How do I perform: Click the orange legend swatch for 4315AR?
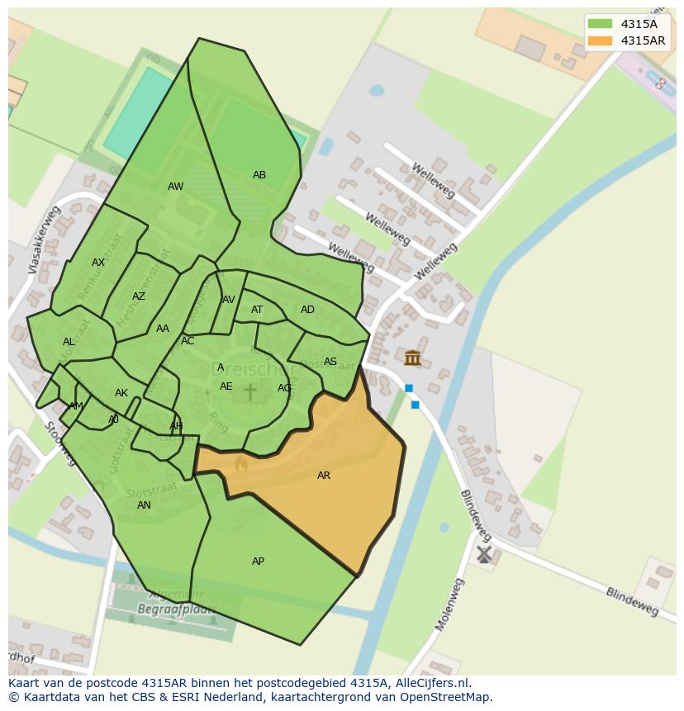(601, 40)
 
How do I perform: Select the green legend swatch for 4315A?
(601, 24)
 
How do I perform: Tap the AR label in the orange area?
(324, 476)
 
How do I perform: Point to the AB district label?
(259, 175)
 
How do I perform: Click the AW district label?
(176, 187)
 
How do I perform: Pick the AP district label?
(258, 562)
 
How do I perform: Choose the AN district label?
(144, 505)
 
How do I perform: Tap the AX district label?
(98, 263)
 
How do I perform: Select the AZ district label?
(139, 296)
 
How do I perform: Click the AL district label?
(69, 342)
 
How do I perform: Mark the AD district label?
(307, 310)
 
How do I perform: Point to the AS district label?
(330, 362)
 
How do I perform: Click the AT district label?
(257, 310)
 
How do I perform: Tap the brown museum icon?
(412, 358)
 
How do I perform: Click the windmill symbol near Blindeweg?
(483, 553)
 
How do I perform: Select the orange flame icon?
(240, 465)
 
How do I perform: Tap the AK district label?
(121, 393)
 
